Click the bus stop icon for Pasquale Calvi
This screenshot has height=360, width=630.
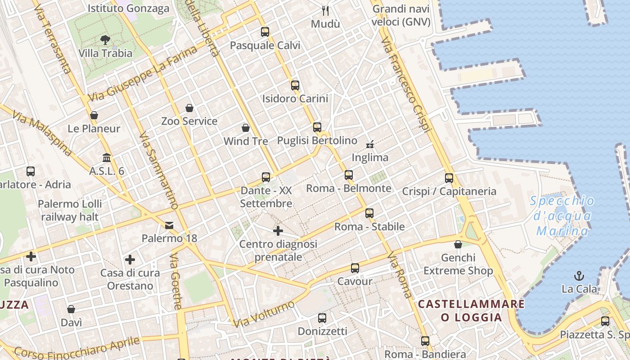pyautogui.click(x=265, y=32)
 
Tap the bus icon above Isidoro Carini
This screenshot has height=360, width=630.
pyautogui.click(x=295, y=85)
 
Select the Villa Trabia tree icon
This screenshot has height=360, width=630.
pyautogui.click(x=105, y=40)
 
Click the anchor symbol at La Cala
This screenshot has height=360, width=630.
pyautogui.click(x=579, y=275)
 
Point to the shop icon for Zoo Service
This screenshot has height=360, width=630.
pyautogui.click(x=189, y=108)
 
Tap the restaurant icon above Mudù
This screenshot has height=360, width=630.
pyautogui.click(x=325, y=10)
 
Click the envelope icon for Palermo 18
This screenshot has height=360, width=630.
pyautogui.click(x=169, y=225)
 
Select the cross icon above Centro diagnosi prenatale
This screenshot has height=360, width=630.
pyautogui.click(x=278, y=231)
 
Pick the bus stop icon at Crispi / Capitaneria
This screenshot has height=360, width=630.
pyautogui.click(x=449, y=178)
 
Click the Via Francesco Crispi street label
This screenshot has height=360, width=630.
pyautogui.click(x=406, y=85)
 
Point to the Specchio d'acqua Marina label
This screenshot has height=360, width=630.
pyautogui.click(x=562, y=216)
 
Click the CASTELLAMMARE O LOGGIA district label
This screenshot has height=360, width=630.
pyautogui.click(x=471, y=310)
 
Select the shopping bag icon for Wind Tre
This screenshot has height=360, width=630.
pyautogui.click(x=246, y=128)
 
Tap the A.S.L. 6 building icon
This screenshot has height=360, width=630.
pyautogui.click(x=107, y=158)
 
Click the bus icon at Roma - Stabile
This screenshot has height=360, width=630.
pyautogui.click(x=369, y=213)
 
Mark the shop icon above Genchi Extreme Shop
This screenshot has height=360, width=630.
pyautogui.click(x=458, y=244)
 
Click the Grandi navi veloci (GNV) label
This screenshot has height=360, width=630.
pyautogui.click(x=401, y=15)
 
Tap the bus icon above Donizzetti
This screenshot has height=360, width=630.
pyautogui.click(x=322, y=318)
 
